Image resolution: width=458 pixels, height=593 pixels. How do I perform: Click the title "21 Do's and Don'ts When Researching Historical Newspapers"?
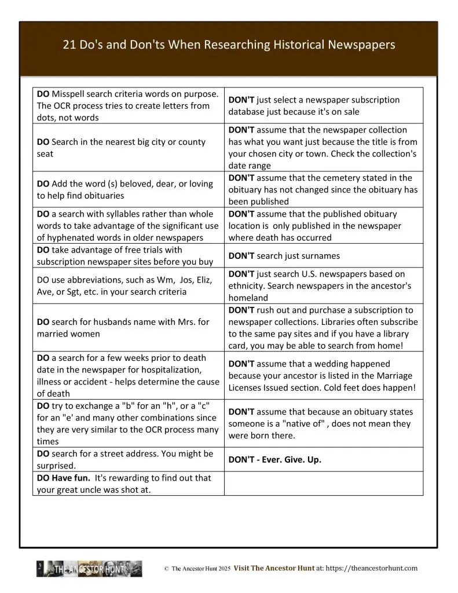pos(229,45)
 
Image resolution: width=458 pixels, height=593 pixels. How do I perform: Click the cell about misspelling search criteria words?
pos(128,105)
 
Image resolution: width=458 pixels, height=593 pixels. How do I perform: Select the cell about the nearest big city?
pos(128,148)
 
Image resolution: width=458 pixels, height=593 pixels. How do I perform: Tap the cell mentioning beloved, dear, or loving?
pos(128,189)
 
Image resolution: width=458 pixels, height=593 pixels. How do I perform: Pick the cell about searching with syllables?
pos(128,225)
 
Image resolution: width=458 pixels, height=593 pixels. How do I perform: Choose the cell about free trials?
pos(128,255)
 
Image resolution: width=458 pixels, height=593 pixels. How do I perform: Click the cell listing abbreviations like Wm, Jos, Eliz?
pos(128,285)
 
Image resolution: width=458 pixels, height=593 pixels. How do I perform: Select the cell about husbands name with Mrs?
pos(128,328)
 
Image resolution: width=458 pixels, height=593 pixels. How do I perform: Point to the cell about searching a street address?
pos(128,459)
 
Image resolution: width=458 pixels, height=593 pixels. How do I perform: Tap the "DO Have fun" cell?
pos(128,484)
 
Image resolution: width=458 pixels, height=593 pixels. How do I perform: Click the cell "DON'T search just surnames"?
pos(323,255)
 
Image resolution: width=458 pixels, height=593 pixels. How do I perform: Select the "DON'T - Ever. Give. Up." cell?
pos(323,459)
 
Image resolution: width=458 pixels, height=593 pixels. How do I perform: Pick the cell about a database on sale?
pos(323,105)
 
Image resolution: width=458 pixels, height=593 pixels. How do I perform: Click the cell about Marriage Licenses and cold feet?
pos(323,375)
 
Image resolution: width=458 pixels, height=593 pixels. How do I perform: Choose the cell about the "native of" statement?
pos(323,423)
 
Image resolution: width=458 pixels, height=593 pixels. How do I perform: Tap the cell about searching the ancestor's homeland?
pos(323,285)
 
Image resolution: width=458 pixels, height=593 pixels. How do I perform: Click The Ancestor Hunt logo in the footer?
pos(89,569)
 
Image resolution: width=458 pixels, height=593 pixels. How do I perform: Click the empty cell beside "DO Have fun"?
pos(323,484)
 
